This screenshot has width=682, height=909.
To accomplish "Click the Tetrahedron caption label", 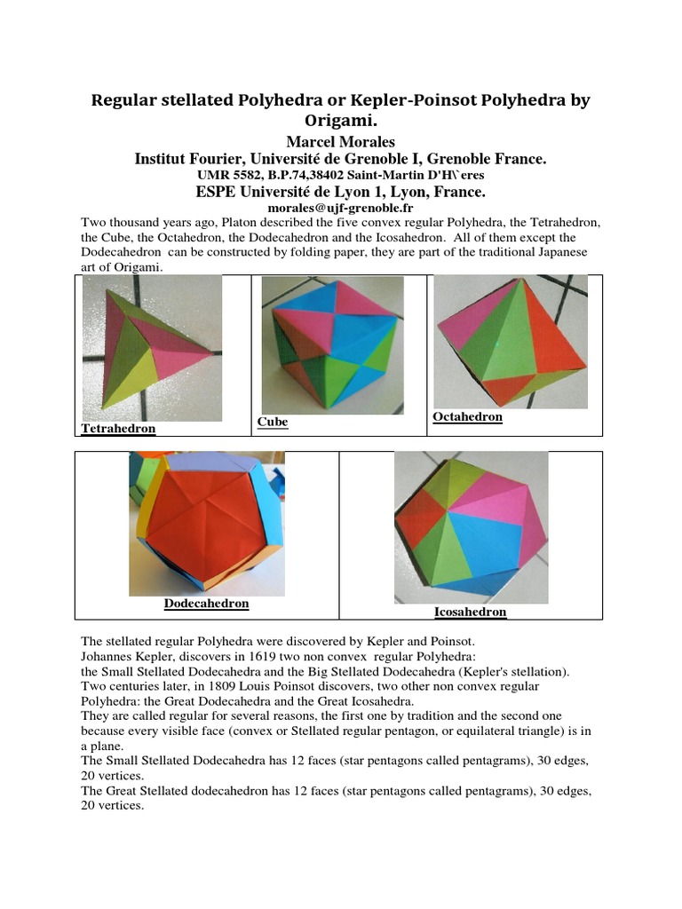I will [x=118, y=429].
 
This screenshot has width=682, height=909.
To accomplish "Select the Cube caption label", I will [x=273, y=422].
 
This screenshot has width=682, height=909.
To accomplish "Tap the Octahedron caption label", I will [x=467, y=416].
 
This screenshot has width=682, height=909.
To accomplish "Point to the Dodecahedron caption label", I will [x=206, y=604].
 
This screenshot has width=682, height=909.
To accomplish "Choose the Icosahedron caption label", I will [x=470, y=612].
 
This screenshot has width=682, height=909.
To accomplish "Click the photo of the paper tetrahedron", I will [x=152, y=348].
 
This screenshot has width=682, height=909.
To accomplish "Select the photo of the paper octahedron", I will [x=510, y=342].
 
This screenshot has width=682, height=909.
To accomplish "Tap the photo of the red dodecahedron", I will [x=207, y=524].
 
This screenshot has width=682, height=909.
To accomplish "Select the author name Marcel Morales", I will [x=341, y=142].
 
